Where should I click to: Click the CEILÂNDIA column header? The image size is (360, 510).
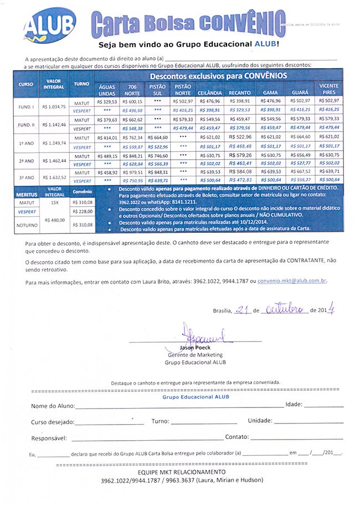pos(209,92)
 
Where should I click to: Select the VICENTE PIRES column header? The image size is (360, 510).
pos(329,89)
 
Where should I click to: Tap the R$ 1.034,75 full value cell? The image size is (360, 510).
pos(54,106)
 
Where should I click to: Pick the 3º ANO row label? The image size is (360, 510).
pos(26,178)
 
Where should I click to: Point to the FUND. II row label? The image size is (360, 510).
pos(26,124)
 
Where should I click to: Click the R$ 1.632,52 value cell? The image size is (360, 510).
pos(54,178)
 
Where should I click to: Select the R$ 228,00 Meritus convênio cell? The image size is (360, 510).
pos(82,212)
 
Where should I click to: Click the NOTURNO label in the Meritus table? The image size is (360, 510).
pos(27,225)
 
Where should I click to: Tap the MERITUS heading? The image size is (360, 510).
pos(26,195)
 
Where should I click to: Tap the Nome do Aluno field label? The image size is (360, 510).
pos(52,406)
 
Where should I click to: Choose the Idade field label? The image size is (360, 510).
pos(294,405)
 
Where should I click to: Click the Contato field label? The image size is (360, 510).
pos(236,437)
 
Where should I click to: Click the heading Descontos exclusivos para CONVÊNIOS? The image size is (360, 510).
pos(218,76)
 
